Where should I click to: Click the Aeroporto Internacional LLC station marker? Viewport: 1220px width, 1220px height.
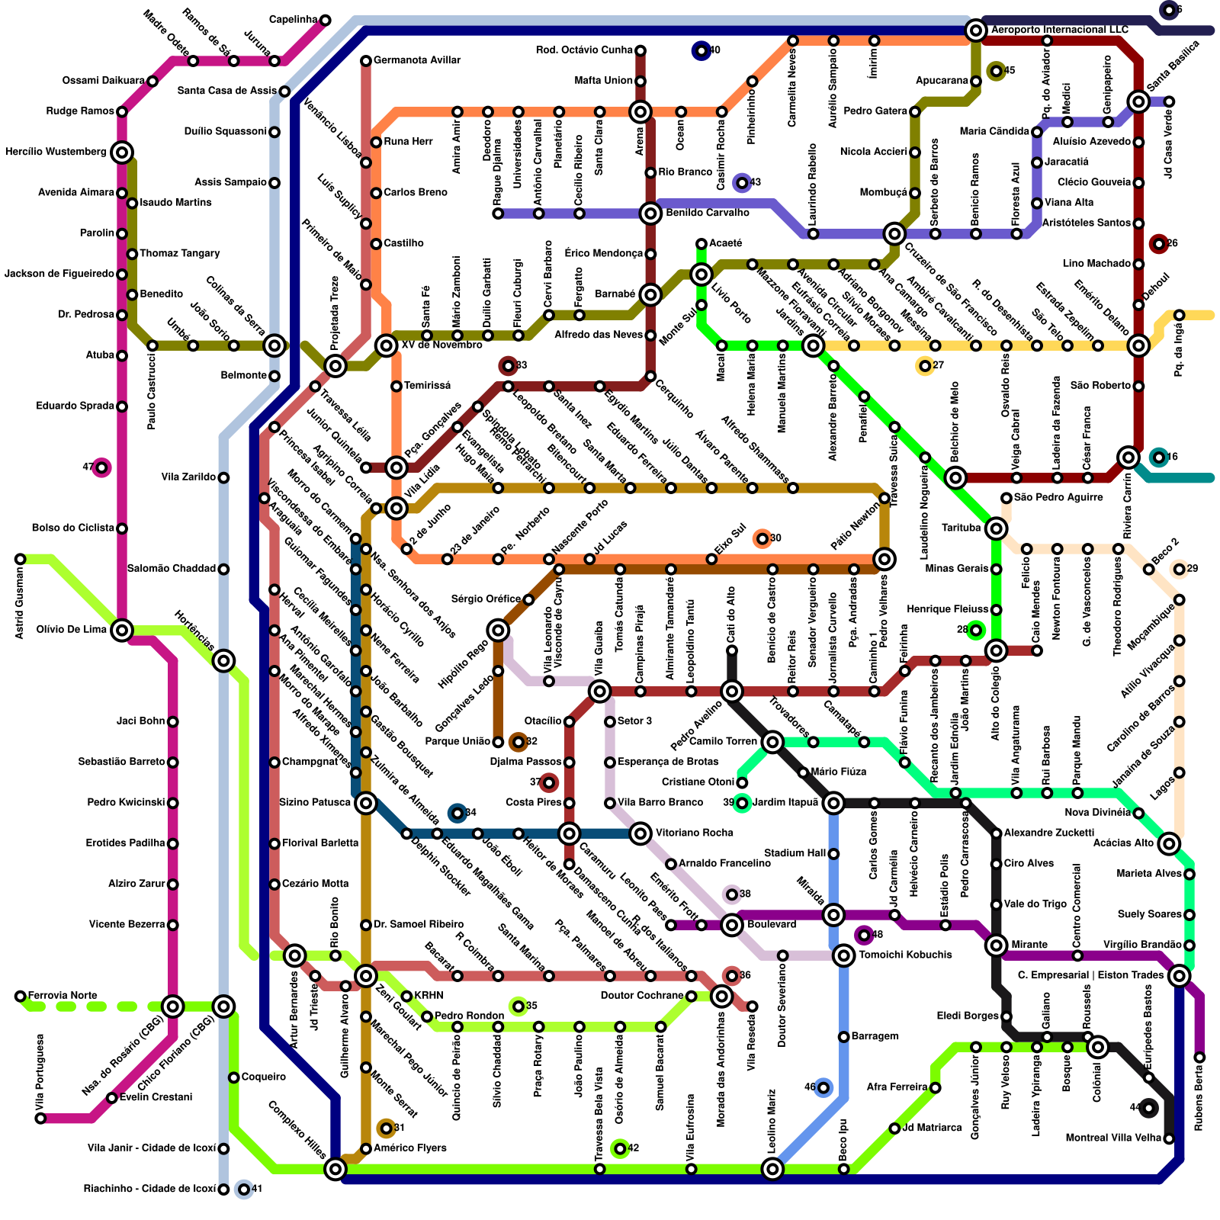(975, 30)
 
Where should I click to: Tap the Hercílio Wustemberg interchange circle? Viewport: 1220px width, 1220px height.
(122, 152)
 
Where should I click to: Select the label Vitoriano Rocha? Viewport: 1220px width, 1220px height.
(694, 833)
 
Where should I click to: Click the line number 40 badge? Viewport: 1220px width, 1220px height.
(701, 51)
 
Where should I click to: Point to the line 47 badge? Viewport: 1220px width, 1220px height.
(101, 467)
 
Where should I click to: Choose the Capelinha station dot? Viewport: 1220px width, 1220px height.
(326, 20)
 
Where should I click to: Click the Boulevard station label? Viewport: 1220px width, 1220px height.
(772, 924)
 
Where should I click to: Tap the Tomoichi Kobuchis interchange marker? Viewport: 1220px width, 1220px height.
(843, 955)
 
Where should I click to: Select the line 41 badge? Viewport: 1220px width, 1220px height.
(244, 1189)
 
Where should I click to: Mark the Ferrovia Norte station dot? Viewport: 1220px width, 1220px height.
(21, 996)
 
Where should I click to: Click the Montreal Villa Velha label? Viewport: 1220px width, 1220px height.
(1113, 1138)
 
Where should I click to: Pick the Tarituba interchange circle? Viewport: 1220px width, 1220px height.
(996, 528)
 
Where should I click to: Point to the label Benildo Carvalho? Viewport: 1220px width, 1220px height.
(707, 213)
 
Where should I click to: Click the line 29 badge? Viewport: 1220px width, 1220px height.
(1179, 569)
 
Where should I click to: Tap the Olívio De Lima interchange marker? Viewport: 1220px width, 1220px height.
(122, 630)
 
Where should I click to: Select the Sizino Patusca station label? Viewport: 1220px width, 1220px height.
(315, 802)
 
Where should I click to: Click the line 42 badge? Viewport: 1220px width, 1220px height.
(620, 1148)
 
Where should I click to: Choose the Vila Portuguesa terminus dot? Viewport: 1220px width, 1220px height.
(40, 1118)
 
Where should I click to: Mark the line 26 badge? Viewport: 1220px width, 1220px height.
(1159, 244)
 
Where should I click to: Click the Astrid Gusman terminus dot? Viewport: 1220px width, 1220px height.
(21, 559)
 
